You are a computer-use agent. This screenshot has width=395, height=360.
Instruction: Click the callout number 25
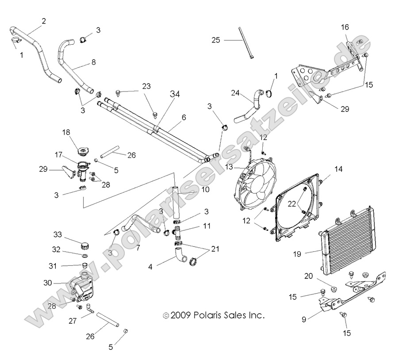click(x=215, y=40)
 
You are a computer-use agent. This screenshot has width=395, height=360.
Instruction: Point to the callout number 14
click(x=338, y=169)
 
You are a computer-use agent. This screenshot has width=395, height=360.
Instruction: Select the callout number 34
click(x=175, y=93)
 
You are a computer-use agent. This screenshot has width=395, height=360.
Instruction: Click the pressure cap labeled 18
click(x=82, y=152)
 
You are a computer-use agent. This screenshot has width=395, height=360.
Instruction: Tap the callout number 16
click(x=345, y=27)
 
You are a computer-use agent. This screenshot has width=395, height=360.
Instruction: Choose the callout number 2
click(x=44, y=21)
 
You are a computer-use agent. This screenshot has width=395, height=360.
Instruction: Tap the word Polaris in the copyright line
click(x=211, y=316)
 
